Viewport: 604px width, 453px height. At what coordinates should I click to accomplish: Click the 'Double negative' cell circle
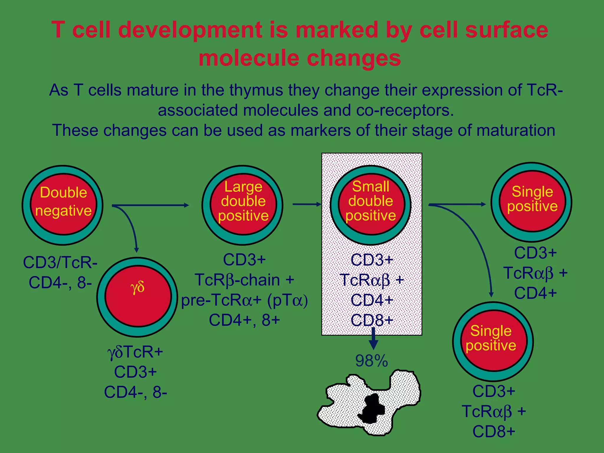[63, 205]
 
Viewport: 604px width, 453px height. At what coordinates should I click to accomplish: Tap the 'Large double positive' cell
[242, 205]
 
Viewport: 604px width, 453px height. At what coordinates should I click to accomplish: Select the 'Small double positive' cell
[371, 205]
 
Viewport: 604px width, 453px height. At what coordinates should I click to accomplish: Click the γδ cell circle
[137, 297]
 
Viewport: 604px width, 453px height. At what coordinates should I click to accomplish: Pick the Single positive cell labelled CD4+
[532, 202]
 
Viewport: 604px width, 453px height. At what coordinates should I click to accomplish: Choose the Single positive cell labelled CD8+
[493, 341]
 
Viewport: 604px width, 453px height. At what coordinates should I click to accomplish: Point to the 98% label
[371, 361]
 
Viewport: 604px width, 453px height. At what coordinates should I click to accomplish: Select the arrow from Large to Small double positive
[307, 204]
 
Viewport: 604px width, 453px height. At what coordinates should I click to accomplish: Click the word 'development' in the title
[190, 30]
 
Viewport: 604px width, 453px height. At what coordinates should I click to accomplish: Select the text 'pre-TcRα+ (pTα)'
[244, 300]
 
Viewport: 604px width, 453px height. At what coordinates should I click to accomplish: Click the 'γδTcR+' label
[135, 352]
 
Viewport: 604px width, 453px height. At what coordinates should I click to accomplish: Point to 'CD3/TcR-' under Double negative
[60, 262]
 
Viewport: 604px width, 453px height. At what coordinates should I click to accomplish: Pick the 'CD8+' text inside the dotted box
[372, 320]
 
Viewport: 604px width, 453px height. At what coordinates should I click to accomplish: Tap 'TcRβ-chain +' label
[244, 280]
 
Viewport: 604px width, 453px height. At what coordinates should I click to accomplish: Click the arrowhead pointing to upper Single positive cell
[483, 204]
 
